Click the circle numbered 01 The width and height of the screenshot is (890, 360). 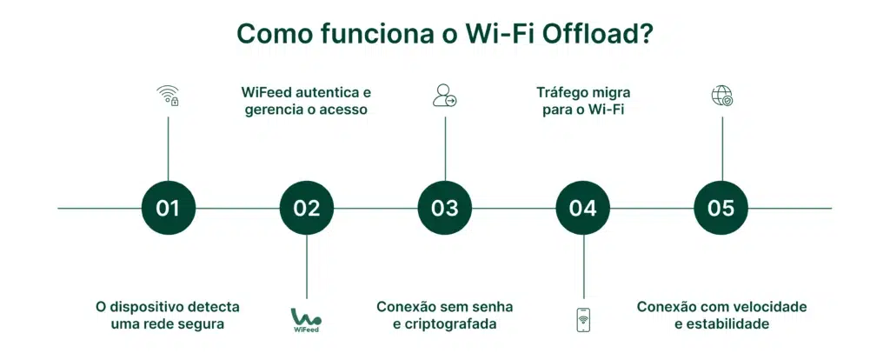coord(168,209)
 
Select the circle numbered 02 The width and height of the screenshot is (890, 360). coord(306,209)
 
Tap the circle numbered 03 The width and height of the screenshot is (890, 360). coord(445,209)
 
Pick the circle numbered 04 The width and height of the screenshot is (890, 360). coord(583,209)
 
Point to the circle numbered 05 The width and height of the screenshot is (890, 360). coord(721,209)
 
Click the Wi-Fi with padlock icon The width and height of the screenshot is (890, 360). coord(168,96)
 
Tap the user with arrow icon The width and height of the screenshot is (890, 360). coord(444,96)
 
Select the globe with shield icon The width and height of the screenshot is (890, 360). coord(721,96)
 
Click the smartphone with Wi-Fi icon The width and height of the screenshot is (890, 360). coord(583,320)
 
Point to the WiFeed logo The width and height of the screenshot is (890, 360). coord(306,320)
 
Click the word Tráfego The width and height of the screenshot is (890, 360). coord(564,91)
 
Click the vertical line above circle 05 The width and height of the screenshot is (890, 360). coord(722,148)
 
